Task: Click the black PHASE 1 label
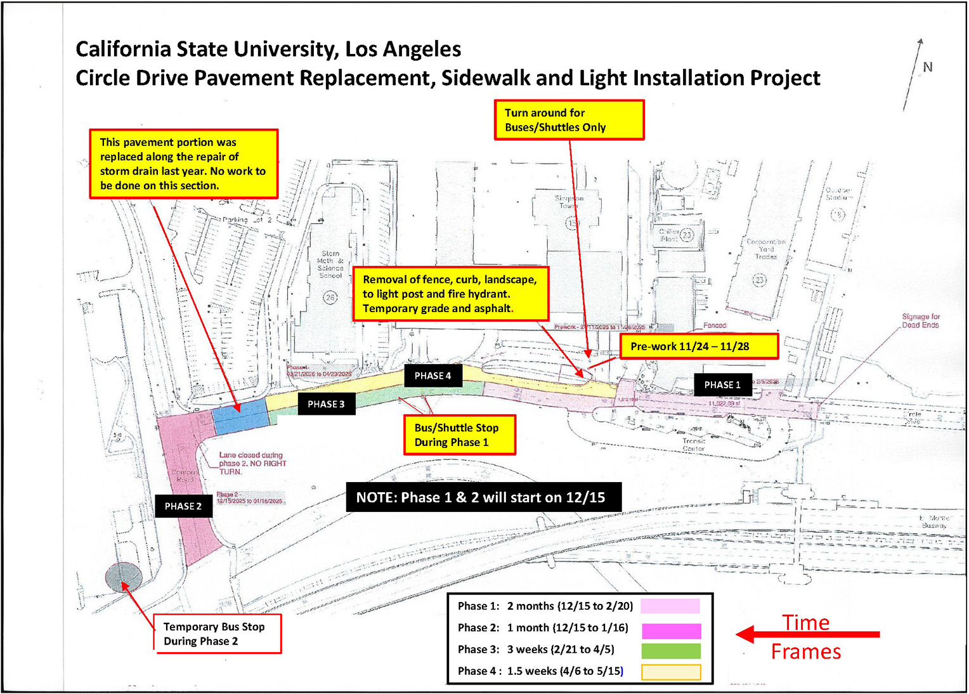722,384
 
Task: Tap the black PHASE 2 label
183,506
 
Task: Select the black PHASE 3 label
326,404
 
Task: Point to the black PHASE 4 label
432,376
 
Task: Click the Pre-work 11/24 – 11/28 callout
698,346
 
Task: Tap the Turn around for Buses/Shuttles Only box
569,120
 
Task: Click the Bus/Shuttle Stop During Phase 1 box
459,435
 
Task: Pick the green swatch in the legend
670,650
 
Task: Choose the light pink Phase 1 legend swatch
670,606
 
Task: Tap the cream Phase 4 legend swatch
670,672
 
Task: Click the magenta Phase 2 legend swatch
670,630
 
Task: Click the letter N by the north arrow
927,67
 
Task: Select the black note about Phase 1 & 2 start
483,497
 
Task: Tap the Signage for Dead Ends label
920,320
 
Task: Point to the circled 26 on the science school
330,298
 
